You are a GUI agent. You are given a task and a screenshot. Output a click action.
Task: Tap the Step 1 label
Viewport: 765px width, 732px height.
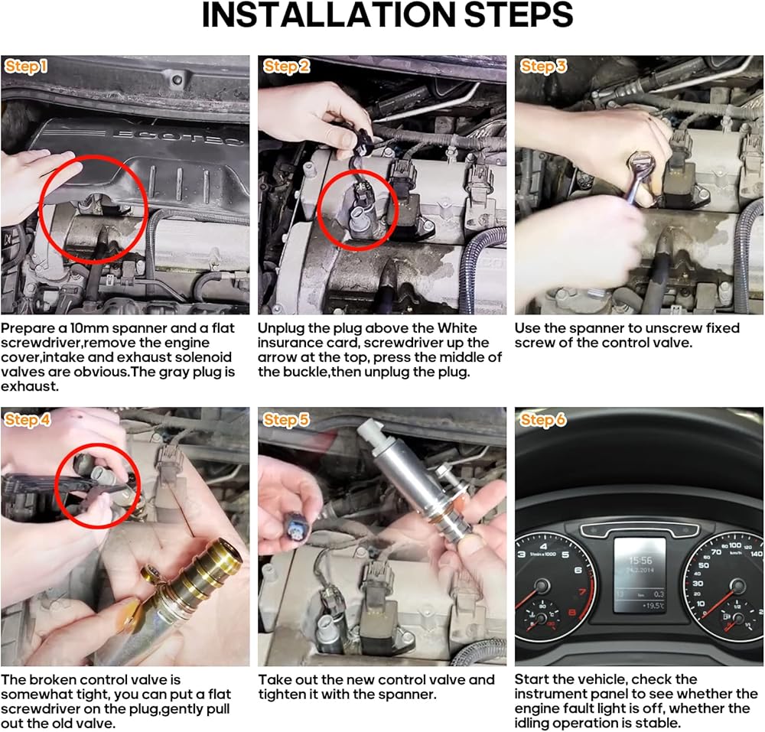(26, 67)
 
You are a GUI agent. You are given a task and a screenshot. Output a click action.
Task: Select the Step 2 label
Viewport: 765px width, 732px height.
(286, 67)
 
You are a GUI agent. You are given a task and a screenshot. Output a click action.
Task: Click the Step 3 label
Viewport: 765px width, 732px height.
(543, 67)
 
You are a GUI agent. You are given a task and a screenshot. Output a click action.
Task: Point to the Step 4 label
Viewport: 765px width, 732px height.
(28, 419)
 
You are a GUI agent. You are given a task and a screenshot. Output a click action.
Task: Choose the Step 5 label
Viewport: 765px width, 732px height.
(286, 419)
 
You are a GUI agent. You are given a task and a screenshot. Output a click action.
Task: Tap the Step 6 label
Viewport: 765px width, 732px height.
(543, 419)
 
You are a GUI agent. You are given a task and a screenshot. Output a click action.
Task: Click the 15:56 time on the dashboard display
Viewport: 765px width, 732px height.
(640, 561)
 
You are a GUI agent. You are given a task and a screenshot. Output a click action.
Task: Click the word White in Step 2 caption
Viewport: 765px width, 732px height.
(457, 327)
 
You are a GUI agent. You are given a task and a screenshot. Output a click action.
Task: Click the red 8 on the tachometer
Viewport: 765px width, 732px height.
(571, 613)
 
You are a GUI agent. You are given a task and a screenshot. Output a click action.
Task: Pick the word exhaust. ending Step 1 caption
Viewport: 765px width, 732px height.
(30, 386)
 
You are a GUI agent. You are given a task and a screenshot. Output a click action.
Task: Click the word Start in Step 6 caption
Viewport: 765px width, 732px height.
(532, 679)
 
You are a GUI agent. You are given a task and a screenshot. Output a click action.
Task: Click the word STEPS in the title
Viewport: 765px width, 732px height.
(518, 15)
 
